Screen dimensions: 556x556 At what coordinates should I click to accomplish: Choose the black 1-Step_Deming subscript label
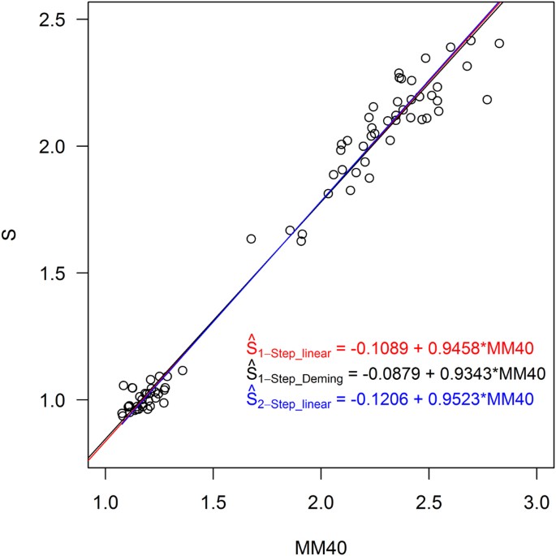pos(294,379)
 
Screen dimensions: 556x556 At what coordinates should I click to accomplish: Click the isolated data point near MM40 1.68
pos(251,239)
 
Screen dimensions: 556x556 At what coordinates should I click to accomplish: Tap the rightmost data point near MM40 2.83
pos(499,43)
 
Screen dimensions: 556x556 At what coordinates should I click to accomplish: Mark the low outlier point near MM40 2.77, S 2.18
pos(487,100)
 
